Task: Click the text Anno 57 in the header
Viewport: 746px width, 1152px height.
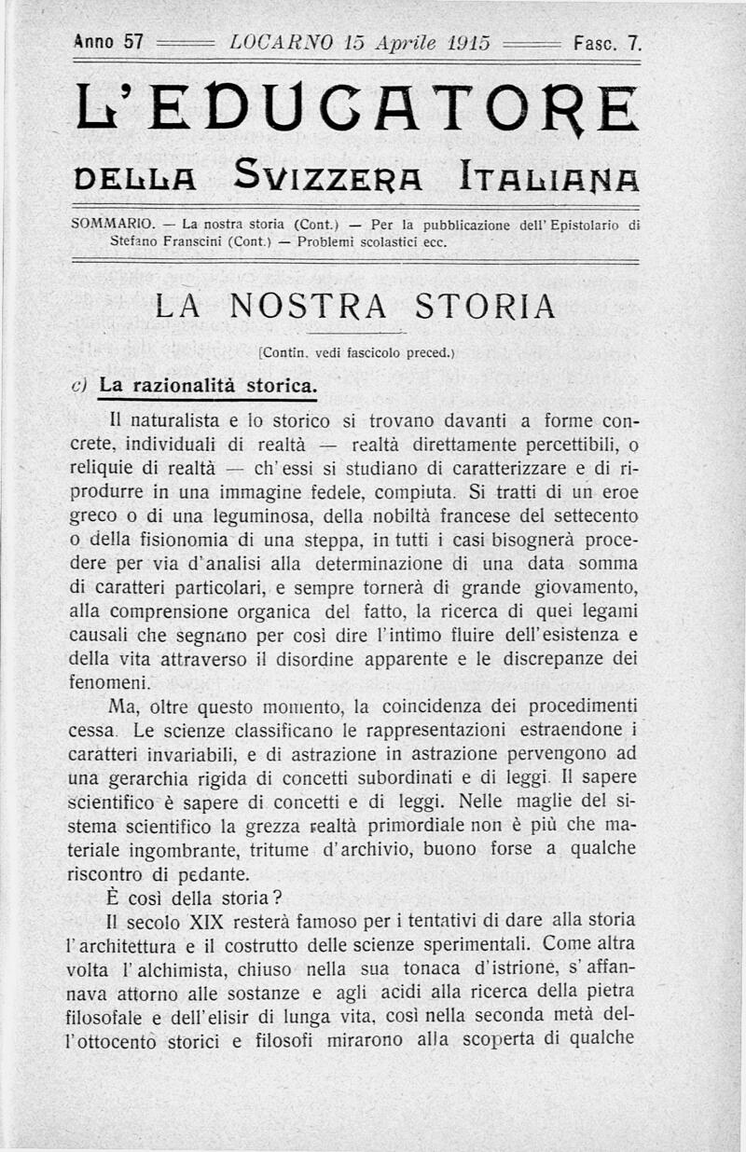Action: (107, 42)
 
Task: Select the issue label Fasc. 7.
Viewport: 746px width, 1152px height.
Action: (607, 42)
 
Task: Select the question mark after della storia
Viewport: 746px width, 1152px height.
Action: (276, 897)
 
